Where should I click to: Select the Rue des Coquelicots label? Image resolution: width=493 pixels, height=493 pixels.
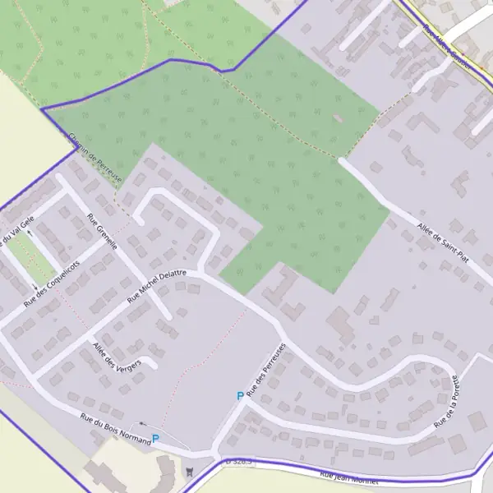click(53, 283)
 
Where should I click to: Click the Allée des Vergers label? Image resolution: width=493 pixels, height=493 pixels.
click(117, 354)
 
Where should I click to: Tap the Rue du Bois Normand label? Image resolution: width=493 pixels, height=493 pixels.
click(115, 429)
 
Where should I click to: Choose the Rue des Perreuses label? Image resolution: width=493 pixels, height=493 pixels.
click(262, 370)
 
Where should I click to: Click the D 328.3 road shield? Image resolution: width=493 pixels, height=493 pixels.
click(239, 463)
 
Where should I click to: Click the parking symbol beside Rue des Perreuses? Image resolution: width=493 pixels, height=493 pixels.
click(240, 396)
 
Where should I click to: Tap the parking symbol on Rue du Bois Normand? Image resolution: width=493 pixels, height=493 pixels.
click(155, 439)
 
